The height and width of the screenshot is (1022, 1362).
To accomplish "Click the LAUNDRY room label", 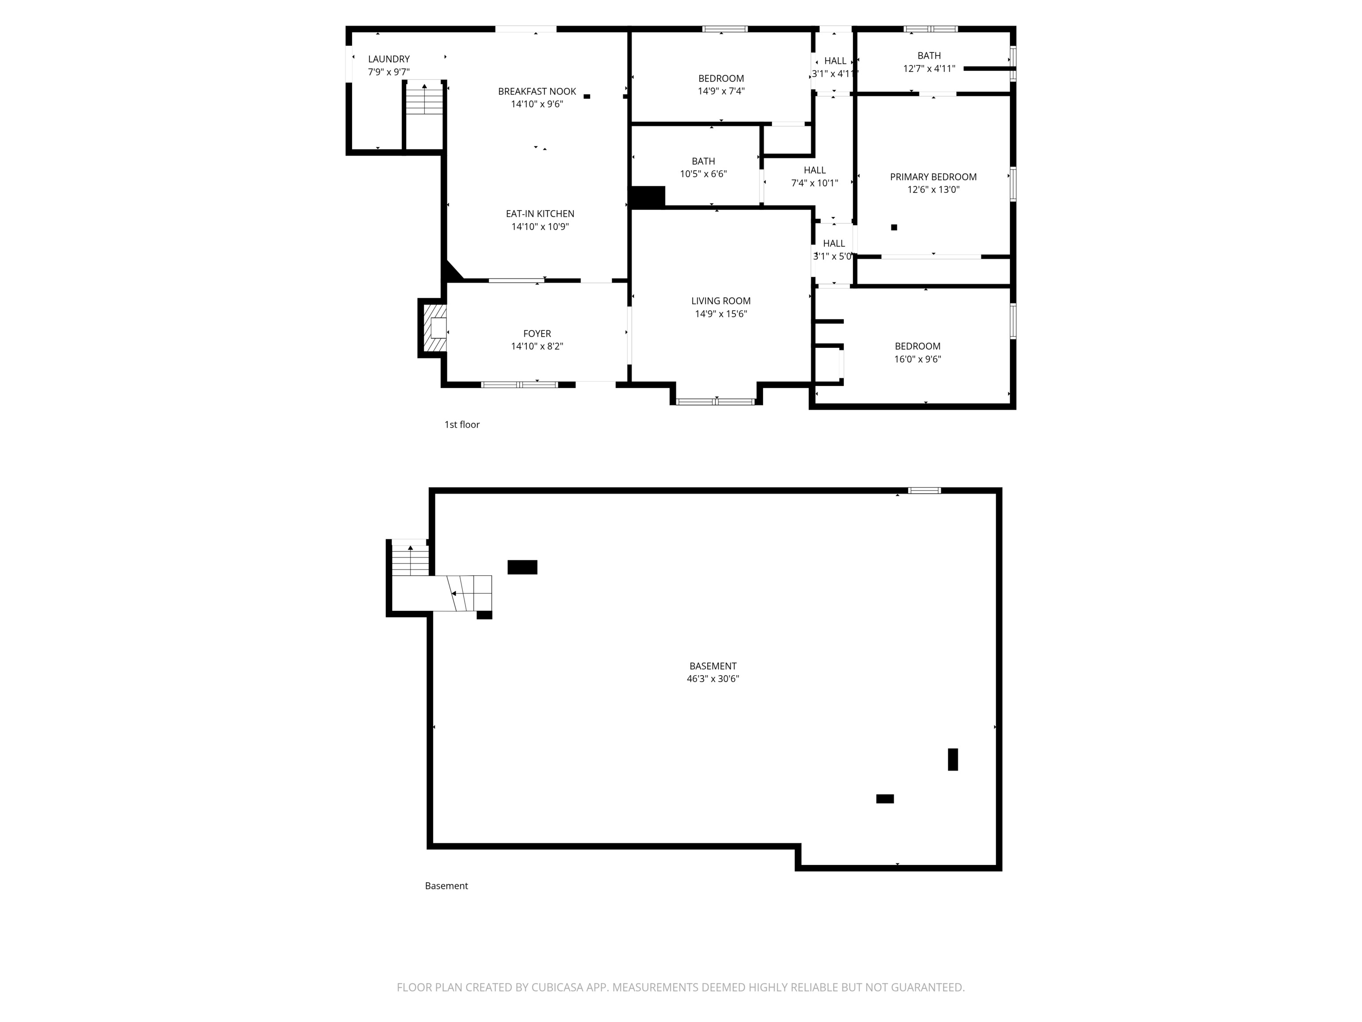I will (388, 59).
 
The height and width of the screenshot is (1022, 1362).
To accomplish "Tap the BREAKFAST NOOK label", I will (537, 91).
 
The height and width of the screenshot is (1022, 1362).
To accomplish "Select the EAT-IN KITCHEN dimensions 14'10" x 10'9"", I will (540, 227).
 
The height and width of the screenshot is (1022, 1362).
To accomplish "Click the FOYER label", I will (537, 333).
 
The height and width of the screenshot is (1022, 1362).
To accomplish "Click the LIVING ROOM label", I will (720, 301).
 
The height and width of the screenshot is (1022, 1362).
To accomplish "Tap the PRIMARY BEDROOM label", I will (933, 177).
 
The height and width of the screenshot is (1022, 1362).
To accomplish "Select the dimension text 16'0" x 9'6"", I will (917, 359).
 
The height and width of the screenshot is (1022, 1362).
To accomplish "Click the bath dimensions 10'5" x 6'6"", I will (703, 174).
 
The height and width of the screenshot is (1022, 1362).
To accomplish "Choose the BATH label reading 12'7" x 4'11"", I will (928, 55).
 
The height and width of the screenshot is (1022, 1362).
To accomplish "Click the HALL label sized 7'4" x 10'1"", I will (814, 170).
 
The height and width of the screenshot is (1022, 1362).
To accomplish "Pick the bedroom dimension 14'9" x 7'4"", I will (720, 91).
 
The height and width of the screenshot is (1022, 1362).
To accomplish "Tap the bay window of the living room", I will (716, 401).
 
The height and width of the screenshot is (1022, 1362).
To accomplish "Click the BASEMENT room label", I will (712, 666).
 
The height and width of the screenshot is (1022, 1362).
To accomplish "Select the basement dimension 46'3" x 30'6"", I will (712, 679).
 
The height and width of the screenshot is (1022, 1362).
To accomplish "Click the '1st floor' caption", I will (462, 425).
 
